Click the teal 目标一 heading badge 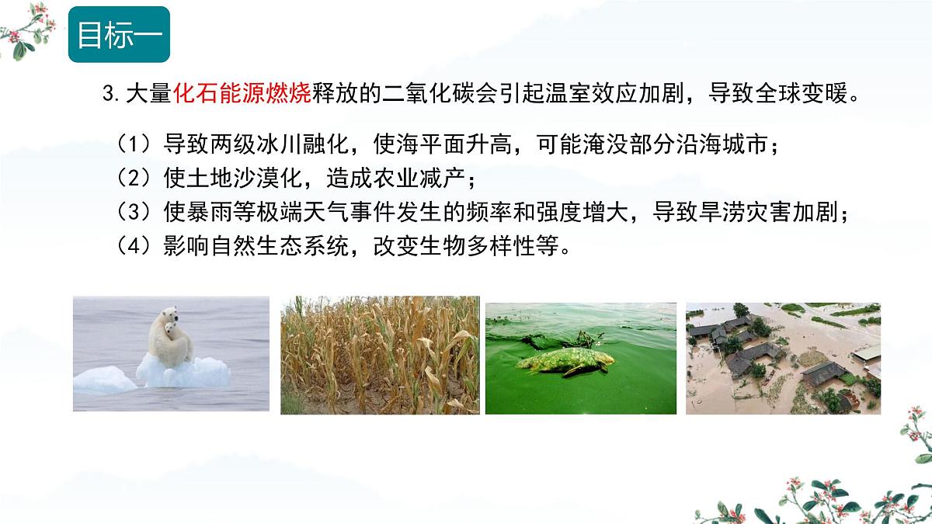(x=119, y=34)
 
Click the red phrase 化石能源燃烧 (x=242, y=95)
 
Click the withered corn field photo (x=380, y=355)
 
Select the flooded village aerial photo (x=783, y=358)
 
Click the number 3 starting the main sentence (x=108, y=95)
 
